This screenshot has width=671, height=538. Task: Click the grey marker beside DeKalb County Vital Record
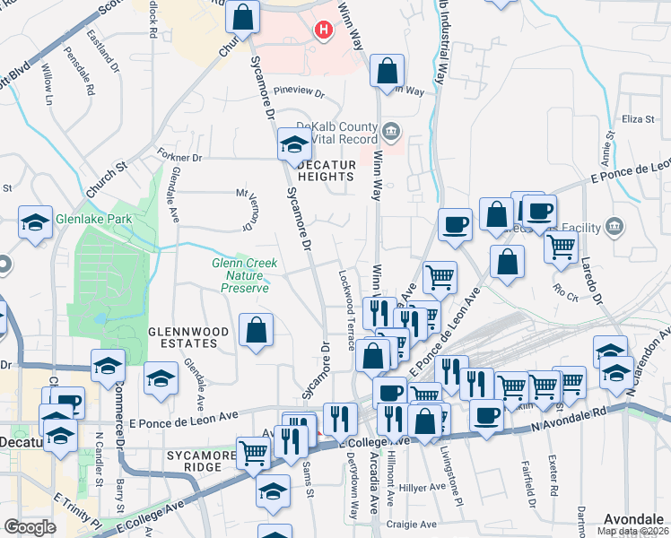click(391, 133)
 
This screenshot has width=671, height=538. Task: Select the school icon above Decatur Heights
click(293, 143)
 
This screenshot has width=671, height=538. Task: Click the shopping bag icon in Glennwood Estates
click(257, 330)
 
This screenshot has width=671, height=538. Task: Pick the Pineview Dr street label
click(299, 91)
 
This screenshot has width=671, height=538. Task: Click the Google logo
click(30, 527)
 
